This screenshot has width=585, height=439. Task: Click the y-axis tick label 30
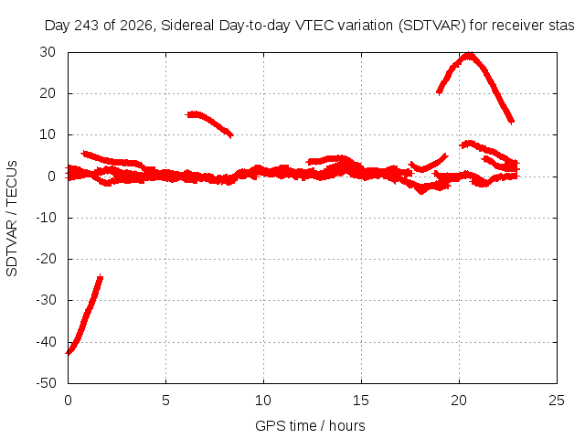click(x=48, y=52)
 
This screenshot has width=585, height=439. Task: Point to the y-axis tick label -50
click(x=46, y=383)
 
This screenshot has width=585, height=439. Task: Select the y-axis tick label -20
click(x=46, y=259)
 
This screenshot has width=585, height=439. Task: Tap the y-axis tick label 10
click(x=48, y=134)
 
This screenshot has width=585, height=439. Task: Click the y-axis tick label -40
click(x=46, y=341)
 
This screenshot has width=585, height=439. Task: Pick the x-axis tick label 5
click(x=165, y=401)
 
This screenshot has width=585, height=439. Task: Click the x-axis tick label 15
click(x=361, y=401)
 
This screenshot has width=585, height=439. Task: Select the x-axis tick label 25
click(x=557, y=401)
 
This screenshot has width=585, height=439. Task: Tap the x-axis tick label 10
click(x=263, y=401)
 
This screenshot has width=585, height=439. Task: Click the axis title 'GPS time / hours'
click(x=310, y=426)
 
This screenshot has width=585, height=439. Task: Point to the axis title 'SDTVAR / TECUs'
click(x=12, y=219)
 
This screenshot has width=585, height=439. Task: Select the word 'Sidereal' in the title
click(x=187, y=26)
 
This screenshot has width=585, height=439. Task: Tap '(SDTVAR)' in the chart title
click(x=432, y=26)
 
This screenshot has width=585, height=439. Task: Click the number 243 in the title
click(x=88, y=26)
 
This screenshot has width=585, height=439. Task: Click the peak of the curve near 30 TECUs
click(x=469, y=56)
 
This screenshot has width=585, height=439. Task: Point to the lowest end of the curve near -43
click(x=68, y=353)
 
